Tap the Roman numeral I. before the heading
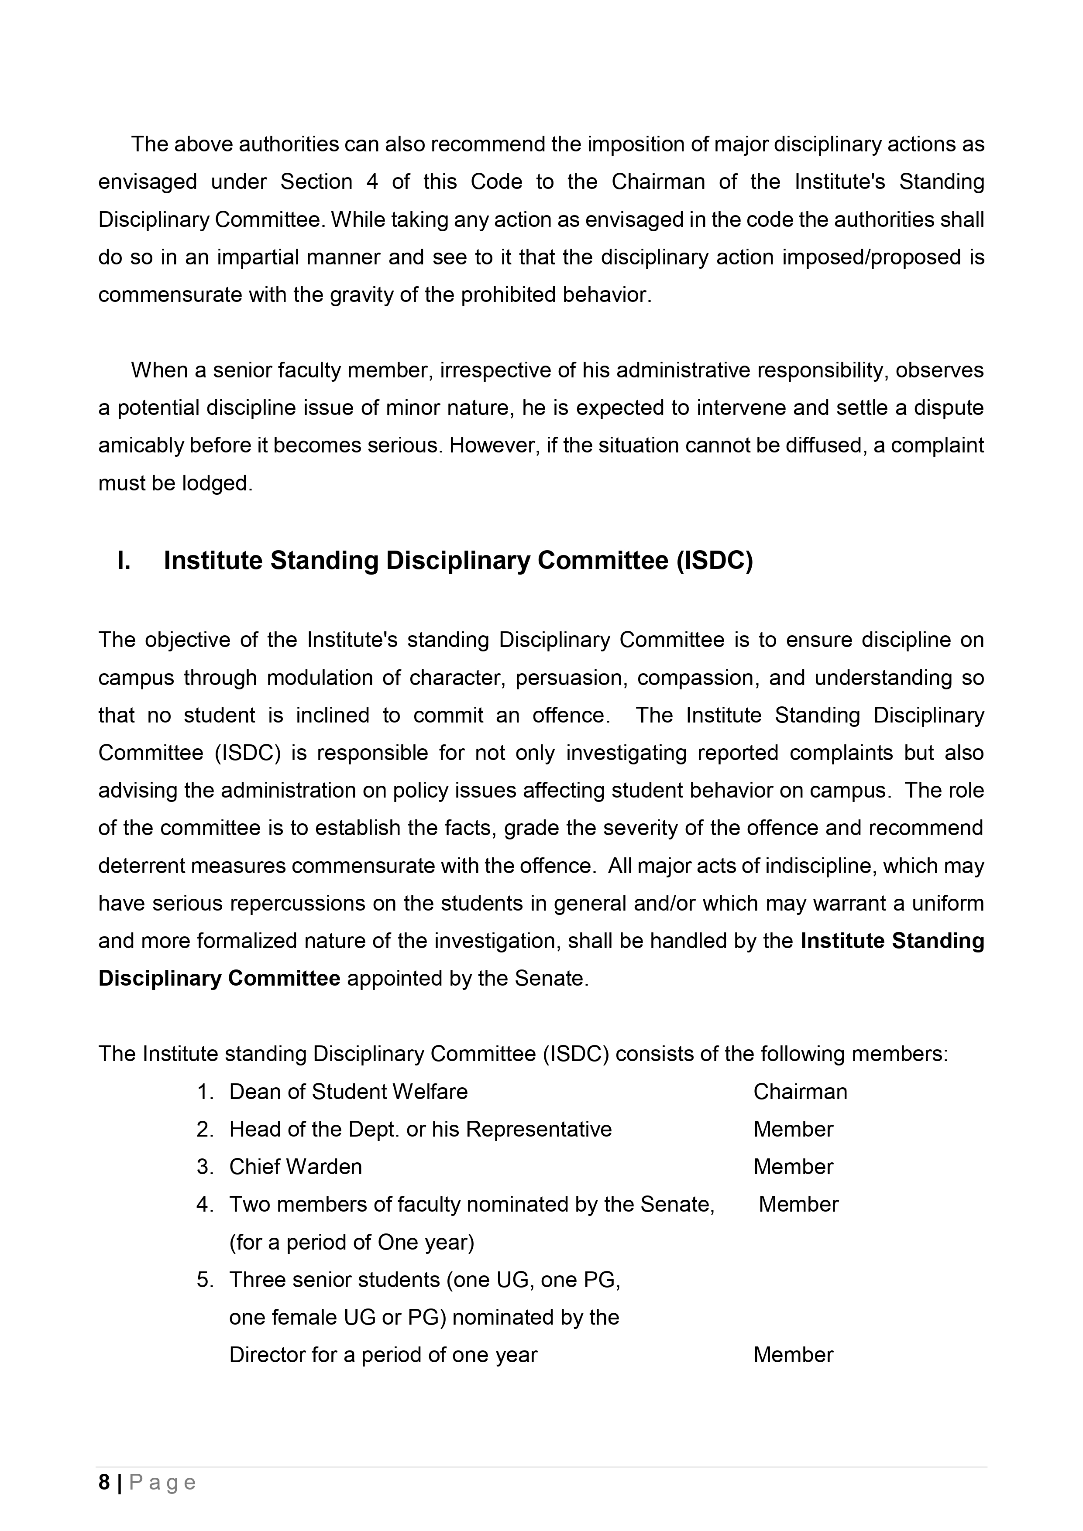pyautogui.click(x=124, y=561)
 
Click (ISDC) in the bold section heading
pyautogui.click(x=714, y=561)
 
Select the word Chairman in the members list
pyautogui.click(x=800, y=1092)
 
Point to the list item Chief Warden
pyautogui.click(x=296, y=1167)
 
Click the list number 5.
pyautogui.click(x=204, y=1280)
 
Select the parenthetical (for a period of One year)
pyautogui.click(x=352, y=1242)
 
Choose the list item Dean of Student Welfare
pyautogui.click(x=348, y=1092)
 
